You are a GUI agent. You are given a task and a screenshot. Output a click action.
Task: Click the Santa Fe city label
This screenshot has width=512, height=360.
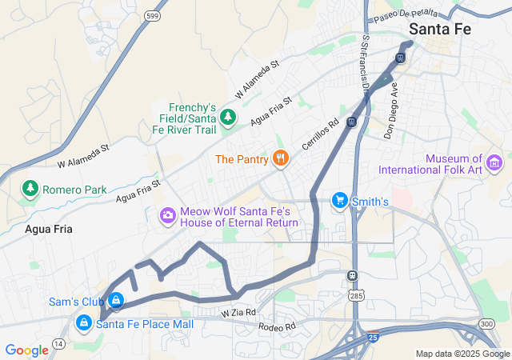click(x=439, y=28)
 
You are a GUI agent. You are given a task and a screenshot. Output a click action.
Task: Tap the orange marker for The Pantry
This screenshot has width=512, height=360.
click(x=279, y=158)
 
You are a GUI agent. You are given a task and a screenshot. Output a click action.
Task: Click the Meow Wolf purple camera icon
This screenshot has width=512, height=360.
click(x=168, y=214)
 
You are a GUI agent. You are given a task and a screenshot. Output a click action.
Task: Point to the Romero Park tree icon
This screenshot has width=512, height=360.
click(x=30, y=190)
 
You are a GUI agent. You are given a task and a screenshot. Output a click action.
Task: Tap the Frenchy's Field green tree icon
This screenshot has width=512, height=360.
click(x=228, y=118)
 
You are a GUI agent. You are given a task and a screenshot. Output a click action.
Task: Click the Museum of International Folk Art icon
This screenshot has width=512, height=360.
click(x=494, y=164)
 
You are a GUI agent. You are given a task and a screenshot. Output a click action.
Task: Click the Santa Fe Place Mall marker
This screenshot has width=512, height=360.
click(x=83, y=323)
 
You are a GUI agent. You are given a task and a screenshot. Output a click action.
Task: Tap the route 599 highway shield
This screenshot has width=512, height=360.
click(x=153, y=16)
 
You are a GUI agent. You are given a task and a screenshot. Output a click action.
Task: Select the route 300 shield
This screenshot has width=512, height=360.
click(x=486, y=322)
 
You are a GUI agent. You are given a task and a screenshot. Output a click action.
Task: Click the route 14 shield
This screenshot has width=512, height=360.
click(x=59, y=343)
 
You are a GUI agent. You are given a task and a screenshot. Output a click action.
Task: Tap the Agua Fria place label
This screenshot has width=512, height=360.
click(x=48, y=229)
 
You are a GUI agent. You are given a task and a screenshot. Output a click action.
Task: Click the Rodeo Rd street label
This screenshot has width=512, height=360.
click(x=277, y=326)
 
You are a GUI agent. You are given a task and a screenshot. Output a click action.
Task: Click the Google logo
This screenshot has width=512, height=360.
click(x=27, y=350)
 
